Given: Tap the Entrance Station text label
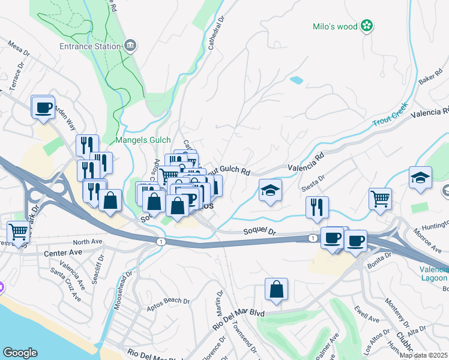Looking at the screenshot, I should (89, 46).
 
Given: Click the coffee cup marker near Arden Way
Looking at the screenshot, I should (43, 108).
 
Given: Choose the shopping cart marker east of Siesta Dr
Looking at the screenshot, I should (381, 199).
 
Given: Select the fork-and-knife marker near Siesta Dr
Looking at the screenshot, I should (317, 208).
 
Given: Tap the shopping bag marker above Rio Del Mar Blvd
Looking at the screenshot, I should (276, 290).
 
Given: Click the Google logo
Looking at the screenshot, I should (20, 353).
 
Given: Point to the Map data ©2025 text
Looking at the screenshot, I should (423, 355).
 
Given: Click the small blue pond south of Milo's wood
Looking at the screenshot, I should (296, 79).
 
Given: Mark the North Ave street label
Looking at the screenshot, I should (88, 242).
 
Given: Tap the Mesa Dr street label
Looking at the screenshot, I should (19, 51).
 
